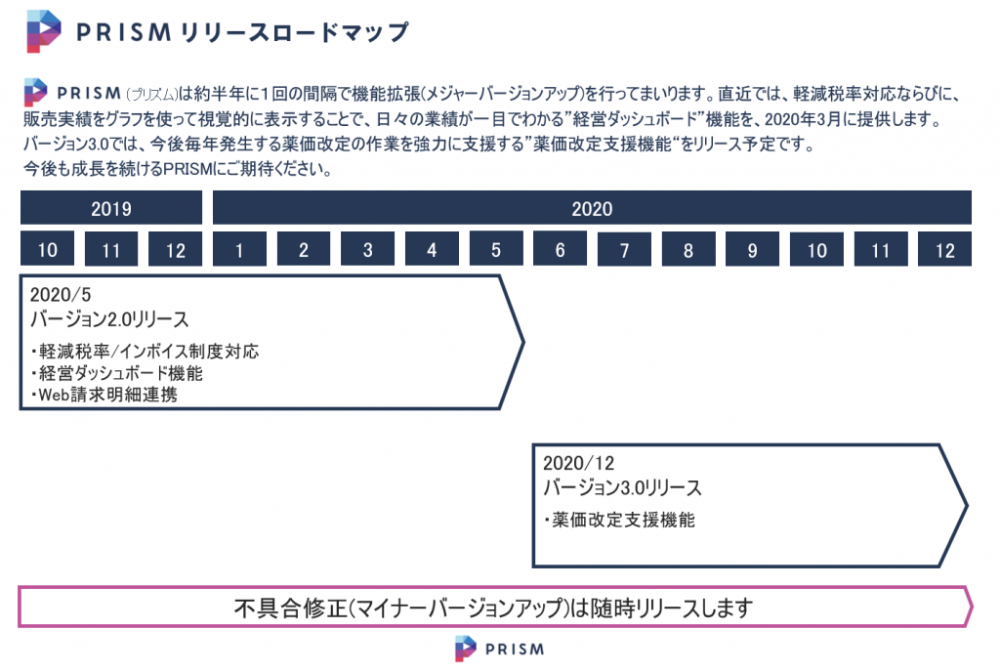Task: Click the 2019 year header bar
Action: pyautogui.click(x=111, y=208)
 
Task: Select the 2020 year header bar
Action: pyautogui.click(x=592, y=208)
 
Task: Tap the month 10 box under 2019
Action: pyautogui.click(x=47, y=249)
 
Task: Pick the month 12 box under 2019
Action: pyautogui.click(x=176, y=249)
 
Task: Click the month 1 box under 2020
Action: pyautogui.click(x=240, y=249)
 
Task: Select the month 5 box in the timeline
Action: pyautogui.click(x=496, y=249)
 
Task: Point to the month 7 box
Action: pyautogui.click(x=624, y=249)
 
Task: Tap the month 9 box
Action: pyautogui.click(x=753, y=249)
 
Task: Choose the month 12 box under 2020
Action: pyautogui.click(x=944, y=249)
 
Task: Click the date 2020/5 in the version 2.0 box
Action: pyautogui.click(x=61, y=295)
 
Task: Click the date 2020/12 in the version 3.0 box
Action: pyautogui.click(x=578, y=463)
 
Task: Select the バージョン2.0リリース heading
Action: pyautogui.click(x=109, y=319)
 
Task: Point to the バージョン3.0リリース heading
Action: pyautogui.click(x=622, y=488)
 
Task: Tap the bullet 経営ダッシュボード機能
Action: pyautogui.click(x=117, y=373)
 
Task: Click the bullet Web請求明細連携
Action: pyautogui.click(x=104, y=395)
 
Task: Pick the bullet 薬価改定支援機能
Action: pyautogui.click(x=619, y=520)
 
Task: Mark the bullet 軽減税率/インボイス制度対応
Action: pyautogui.click(x=145, y=352)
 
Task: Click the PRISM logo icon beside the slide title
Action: pyautogui.click(x=43, y=31)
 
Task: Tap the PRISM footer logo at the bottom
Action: pyautogui.click(x=500, y=649)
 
